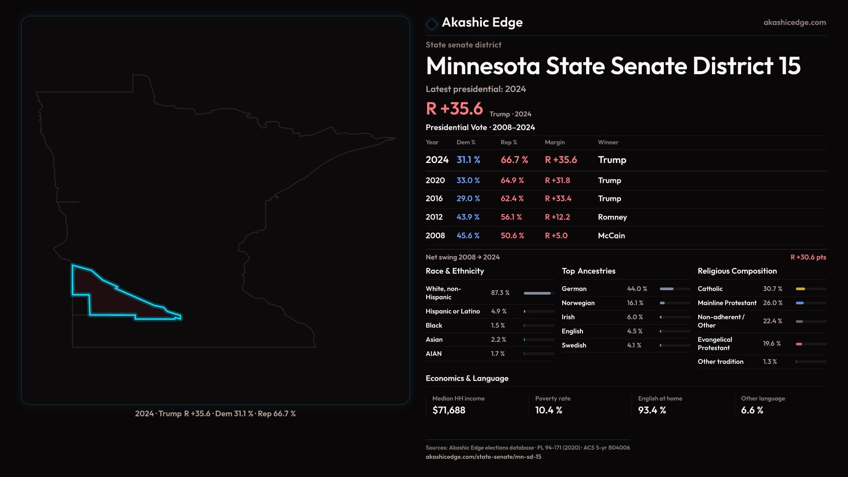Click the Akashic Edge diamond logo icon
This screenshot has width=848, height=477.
pos(432,24)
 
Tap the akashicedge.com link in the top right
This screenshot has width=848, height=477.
pos(794,23)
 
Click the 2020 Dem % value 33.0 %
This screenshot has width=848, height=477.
pos(468,181)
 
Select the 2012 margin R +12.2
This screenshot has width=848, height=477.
pos(557,217)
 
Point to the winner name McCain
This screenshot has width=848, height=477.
pos(611,236)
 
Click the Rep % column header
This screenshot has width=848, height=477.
pos(508,143)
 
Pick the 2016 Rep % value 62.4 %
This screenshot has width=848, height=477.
pos(512,199)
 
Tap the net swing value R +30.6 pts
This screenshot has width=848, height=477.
pos(808,257)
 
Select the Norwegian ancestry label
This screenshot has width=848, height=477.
pos(578,303)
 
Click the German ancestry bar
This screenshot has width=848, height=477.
pos(666,289)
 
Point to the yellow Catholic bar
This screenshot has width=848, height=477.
pos(800,289)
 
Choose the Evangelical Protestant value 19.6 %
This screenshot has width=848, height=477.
pos(772,344)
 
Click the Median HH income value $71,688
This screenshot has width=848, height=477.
pos(449,410)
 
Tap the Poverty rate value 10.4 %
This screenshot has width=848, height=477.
pos(549,410)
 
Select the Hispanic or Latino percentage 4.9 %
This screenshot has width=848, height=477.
pos(499,311)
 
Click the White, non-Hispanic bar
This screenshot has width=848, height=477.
pos(537,293)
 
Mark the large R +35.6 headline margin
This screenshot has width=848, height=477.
pos(454,109)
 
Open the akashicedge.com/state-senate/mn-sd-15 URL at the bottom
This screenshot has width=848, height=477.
pos(483,457)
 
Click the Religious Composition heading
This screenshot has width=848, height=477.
pos(737,271)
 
